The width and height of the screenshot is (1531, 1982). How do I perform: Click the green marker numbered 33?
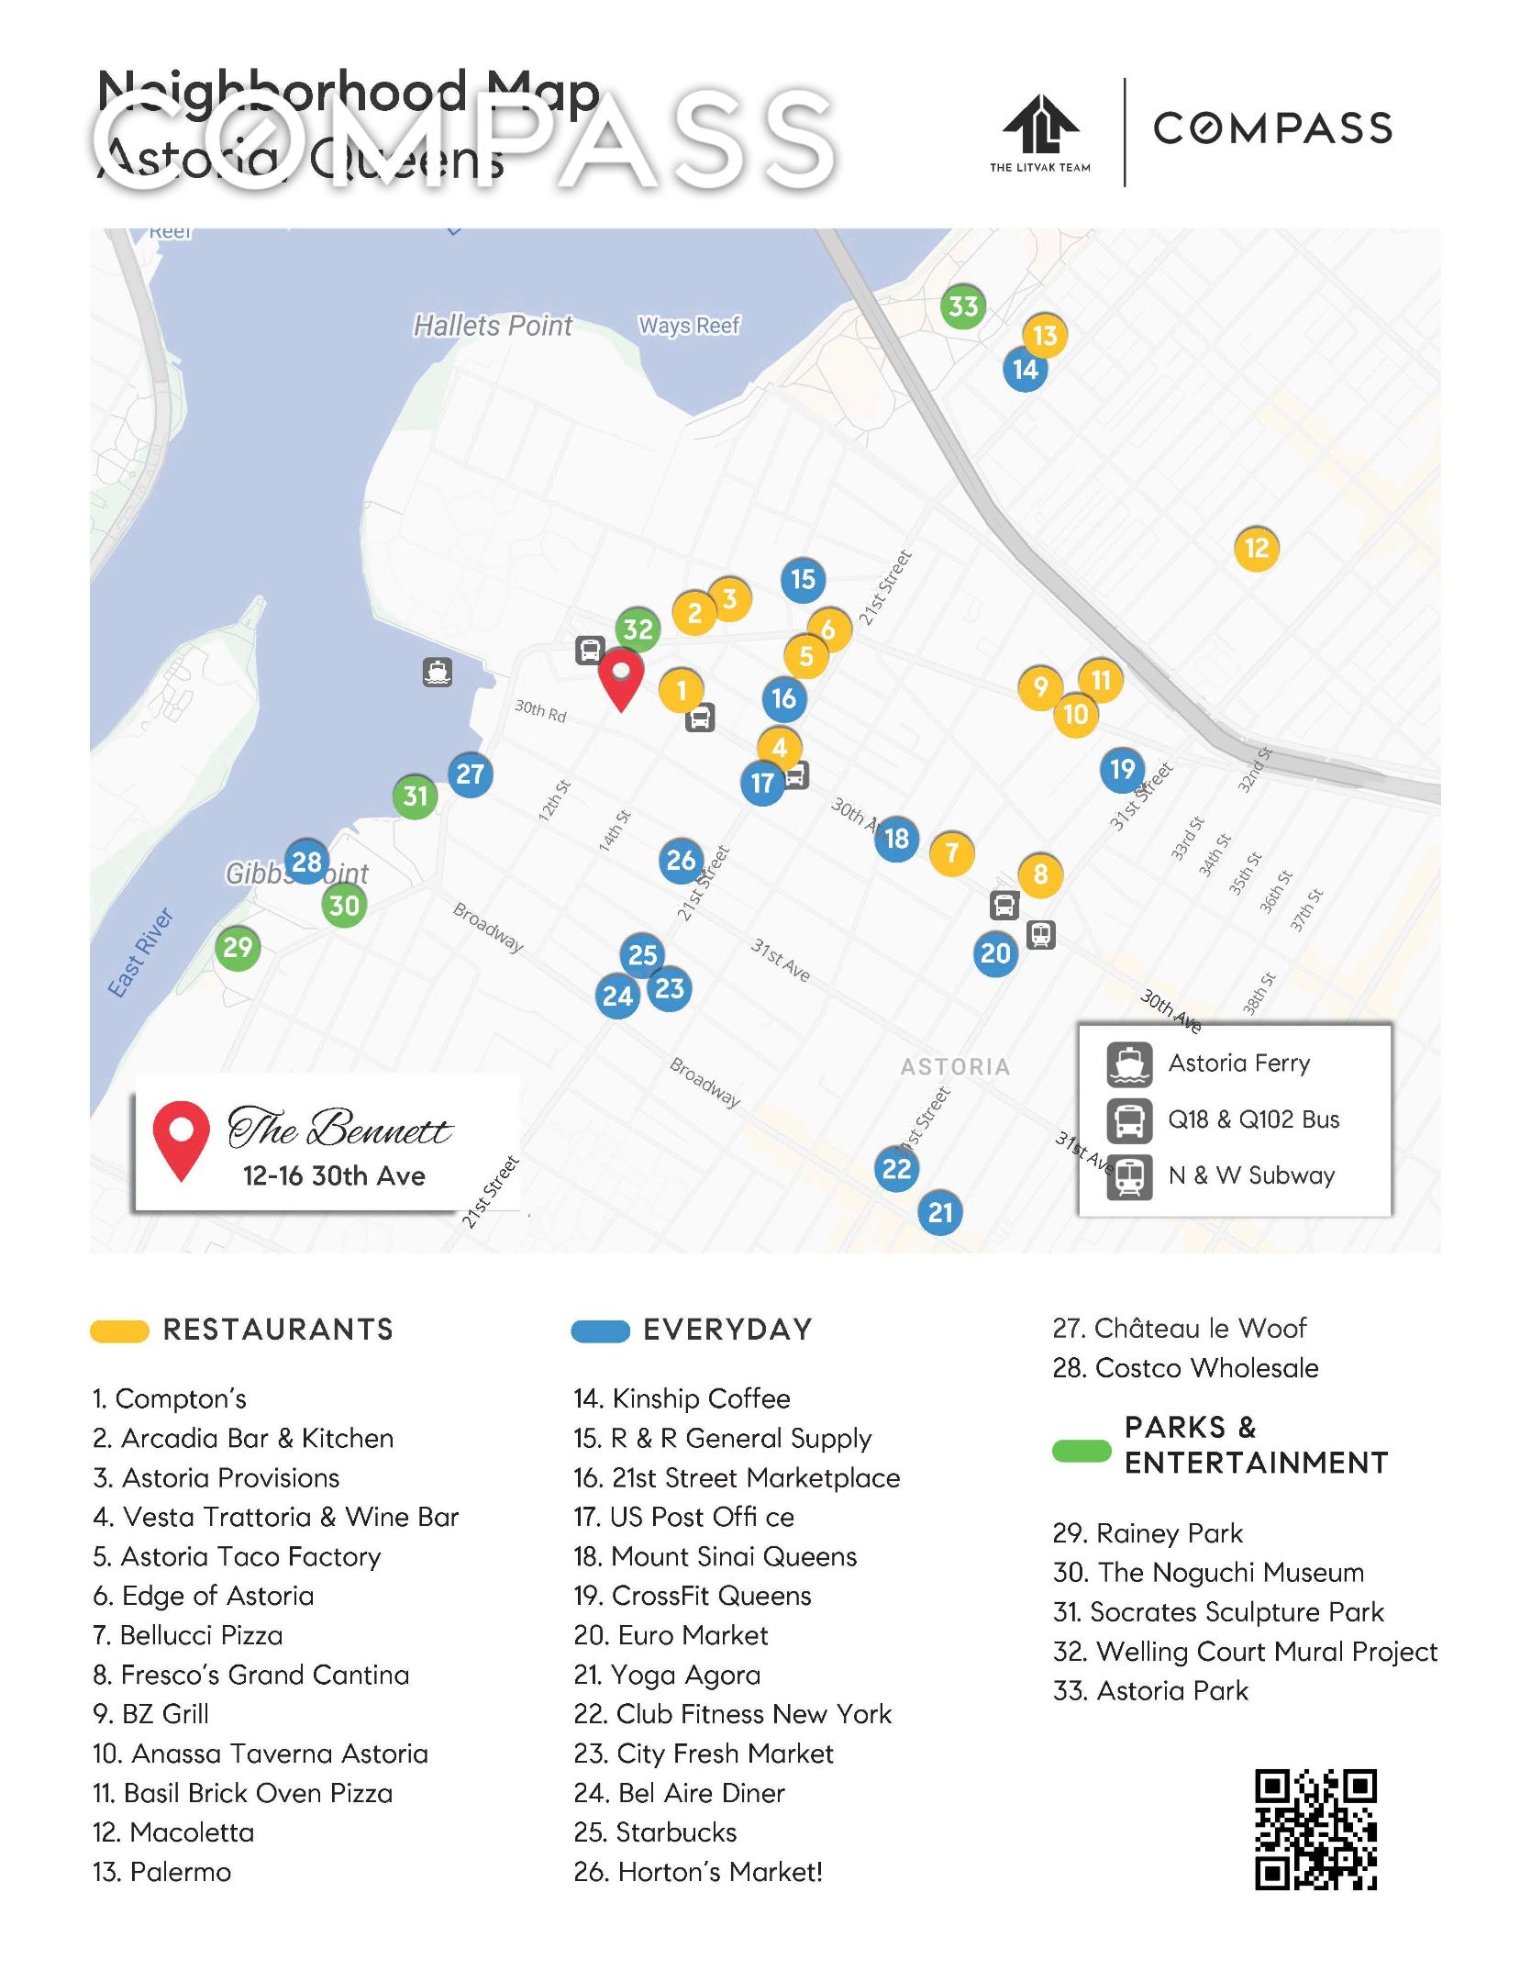click(962, 306)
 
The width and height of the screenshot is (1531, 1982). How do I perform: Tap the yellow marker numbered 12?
click(1256, 549)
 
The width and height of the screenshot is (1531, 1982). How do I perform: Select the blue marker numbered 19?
click(1122, 769)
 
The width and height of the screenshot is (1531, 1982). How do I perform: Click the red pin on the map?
click(621, 677)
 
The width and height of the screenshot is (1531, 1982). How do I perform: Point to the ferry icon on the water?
click(438, 673)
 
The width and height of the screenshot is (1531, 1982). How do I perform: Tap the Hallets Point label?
click(493, 326)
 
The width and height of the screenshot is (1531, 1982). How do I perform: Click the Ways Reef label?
click(689, 326)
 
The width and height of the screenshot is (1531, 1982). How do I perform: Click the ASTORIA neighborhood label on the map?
click(955, 1066)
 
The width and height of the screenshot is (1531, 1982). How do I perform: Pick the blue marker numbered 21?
click(940, 1213)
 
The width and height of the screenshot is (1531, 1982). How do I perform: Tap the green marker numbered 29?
click(238, 947)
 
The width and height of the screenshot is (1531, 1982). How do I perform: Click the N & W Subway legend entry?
click(1250, 1175)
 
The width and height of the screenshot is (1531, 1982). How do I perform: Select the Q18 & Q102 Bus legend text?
click(1253, 1119)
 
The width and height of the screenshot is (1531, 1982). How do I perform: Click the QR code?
click(1315, 1830)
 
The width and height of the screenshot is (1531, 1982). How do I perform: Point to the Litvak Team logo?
click(1040, 133)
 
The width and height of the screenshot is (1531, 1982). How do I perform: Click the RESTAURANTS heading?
click(278, 1330)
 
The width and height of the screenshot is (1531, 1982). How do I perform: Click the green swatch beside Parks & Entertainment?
click(1081, 1451)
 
